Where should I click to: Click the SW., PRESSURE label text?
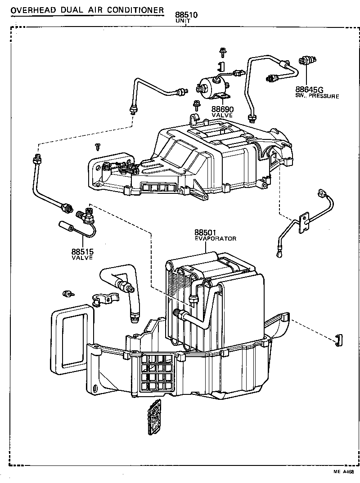coord(317,96)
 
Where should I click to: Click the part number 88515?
coord(82,252)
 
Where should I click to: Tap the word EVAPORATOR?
coord(216,239)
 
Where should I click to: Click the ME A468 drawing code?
coord(343,472)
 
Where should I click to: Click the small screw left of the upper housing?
coord(98,146)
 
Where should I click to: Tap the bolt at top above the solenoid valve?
coord(222,51)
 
